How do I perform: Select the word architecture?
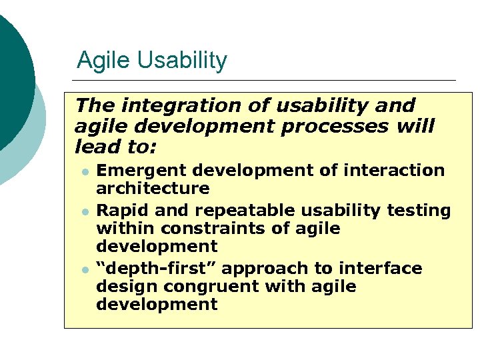coord(153,189)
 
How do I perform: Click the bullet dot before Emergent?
coord(85,171)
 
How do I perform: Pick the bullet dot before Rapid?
coord(85,211)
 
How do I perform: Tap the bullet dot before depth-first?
coord(85,269)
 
